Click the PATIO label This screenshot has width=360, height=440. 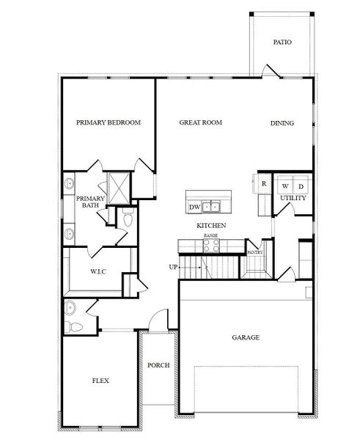click(x=282, y=43)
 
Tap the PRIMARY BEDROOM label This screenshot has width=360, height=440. click(x=109, y=122)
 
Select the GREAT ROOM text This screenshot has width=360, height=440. click(x=201, y=122)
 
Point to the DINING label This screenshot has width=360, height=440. click(x=282, y=123)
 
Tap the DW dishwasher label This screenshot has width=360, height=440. click(x=195, y=208)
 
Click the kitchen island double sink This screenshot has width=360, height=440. click(x=214, y=206)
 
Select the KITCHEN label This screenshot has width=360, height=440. click(x=210, y=225)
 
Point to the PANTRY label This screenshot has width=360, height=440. click(x=254, y=252)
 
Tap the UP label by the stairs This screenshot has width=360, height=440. click(x=173, y=266)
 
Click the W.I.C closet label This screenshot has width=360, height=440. click(x=99, y=272)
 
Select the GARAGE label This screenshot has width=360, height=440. click(x=246, y=338)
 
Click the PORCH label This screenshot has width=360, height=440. click(x=158, y=364)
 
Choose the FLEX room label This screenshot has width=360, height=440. click(x=101, y=381)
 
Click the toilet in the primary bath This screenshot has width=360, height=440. click(x=128, y=219)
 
